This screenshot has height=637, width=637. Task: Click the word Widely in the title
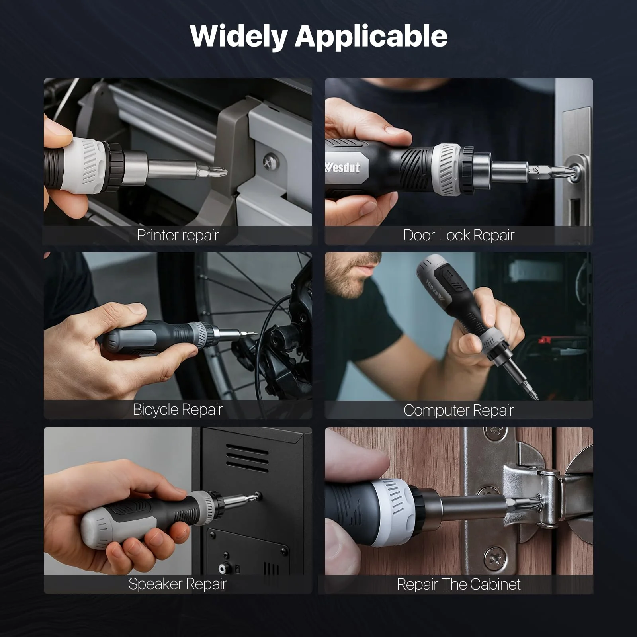[x=238, y=37]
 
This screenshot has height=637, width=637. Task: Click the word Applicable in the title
[x=371, y=37]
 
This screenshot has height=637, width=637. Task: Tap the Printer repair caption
[x=178, y=235]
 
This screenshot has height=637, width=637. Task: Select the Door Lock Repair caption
[x=459, y=235]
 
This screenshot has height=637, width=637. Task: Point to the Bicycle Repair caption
[x=178, y=410]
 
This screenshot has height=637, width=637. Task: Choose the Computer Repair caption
[x=459, y=410]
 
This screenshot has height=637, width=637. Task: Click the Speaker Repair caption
[x=178, y=584]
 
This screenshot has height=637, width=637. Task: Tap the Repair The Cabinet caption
[x=459, y=584]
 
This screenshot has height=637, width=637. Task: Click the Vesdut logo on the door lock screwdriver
[x=342, y=168]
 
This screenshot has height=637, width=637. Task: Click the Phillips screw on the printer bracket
[x=270, y=162]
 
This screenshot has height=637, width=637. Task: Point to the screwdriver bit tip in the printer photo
[x=225, y=172]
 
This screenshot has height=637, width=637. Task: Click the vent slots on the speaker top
[x=247, y=457]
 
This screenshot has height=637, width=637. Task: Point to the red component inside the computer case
[x=544, y=340]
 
